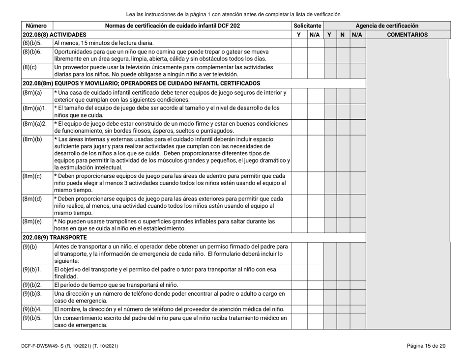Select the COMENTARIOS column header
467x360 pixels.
408,35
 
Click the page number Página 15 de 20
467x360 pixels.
426,347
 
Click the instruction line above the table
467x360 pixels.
233,8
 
